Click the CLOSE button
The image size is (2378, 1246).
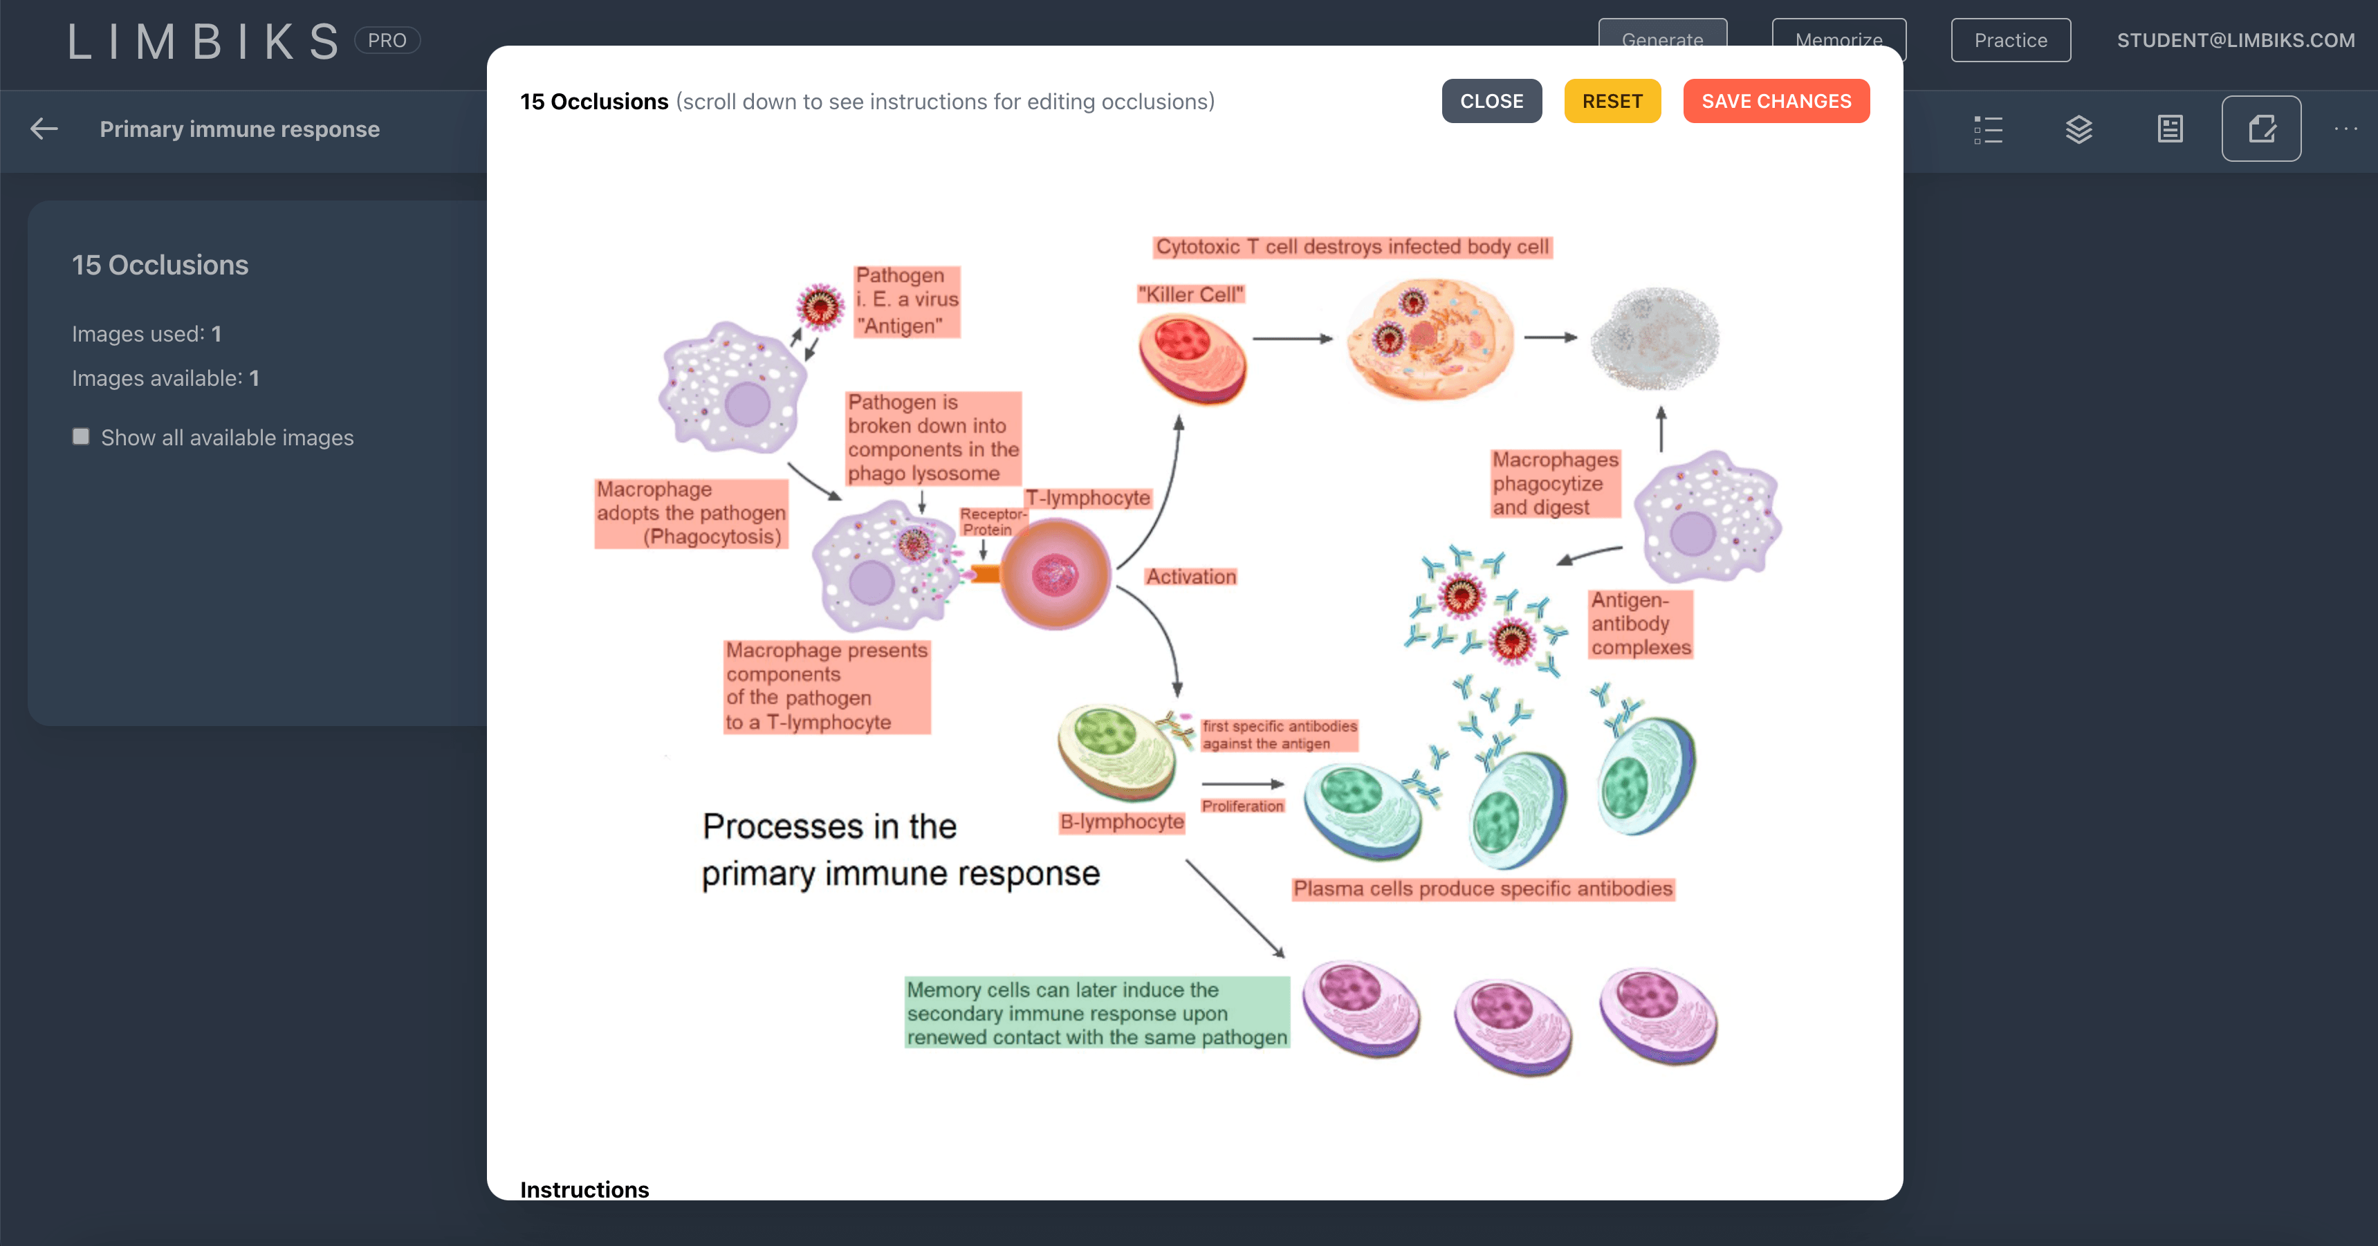point(1491,102)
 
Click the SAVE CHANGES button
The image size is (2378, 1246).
point(1775,102)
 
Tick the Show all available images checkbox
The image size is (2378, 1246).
point(81,436)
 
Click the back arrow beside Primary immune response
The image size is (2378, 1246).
point(44,129)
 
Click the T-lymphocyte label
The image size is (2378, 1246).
point(1087,499)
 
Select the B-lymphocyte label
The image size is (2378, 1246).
point(1121,821)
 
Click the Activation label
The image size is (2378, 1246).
point(1191,577)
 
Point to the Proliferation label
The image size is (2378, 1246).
point(1242,806)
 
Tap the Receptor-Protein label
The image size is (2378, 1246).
point(990,521)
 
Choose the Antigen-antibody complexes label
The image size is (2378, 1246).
point(1639,624)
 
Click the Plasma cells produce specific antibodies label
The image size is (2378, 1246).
point(1482,889)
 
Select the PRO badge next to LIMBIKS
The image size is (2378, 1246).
point(387,41)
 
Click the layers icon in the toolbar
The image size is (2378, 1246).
point(2078,129)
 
